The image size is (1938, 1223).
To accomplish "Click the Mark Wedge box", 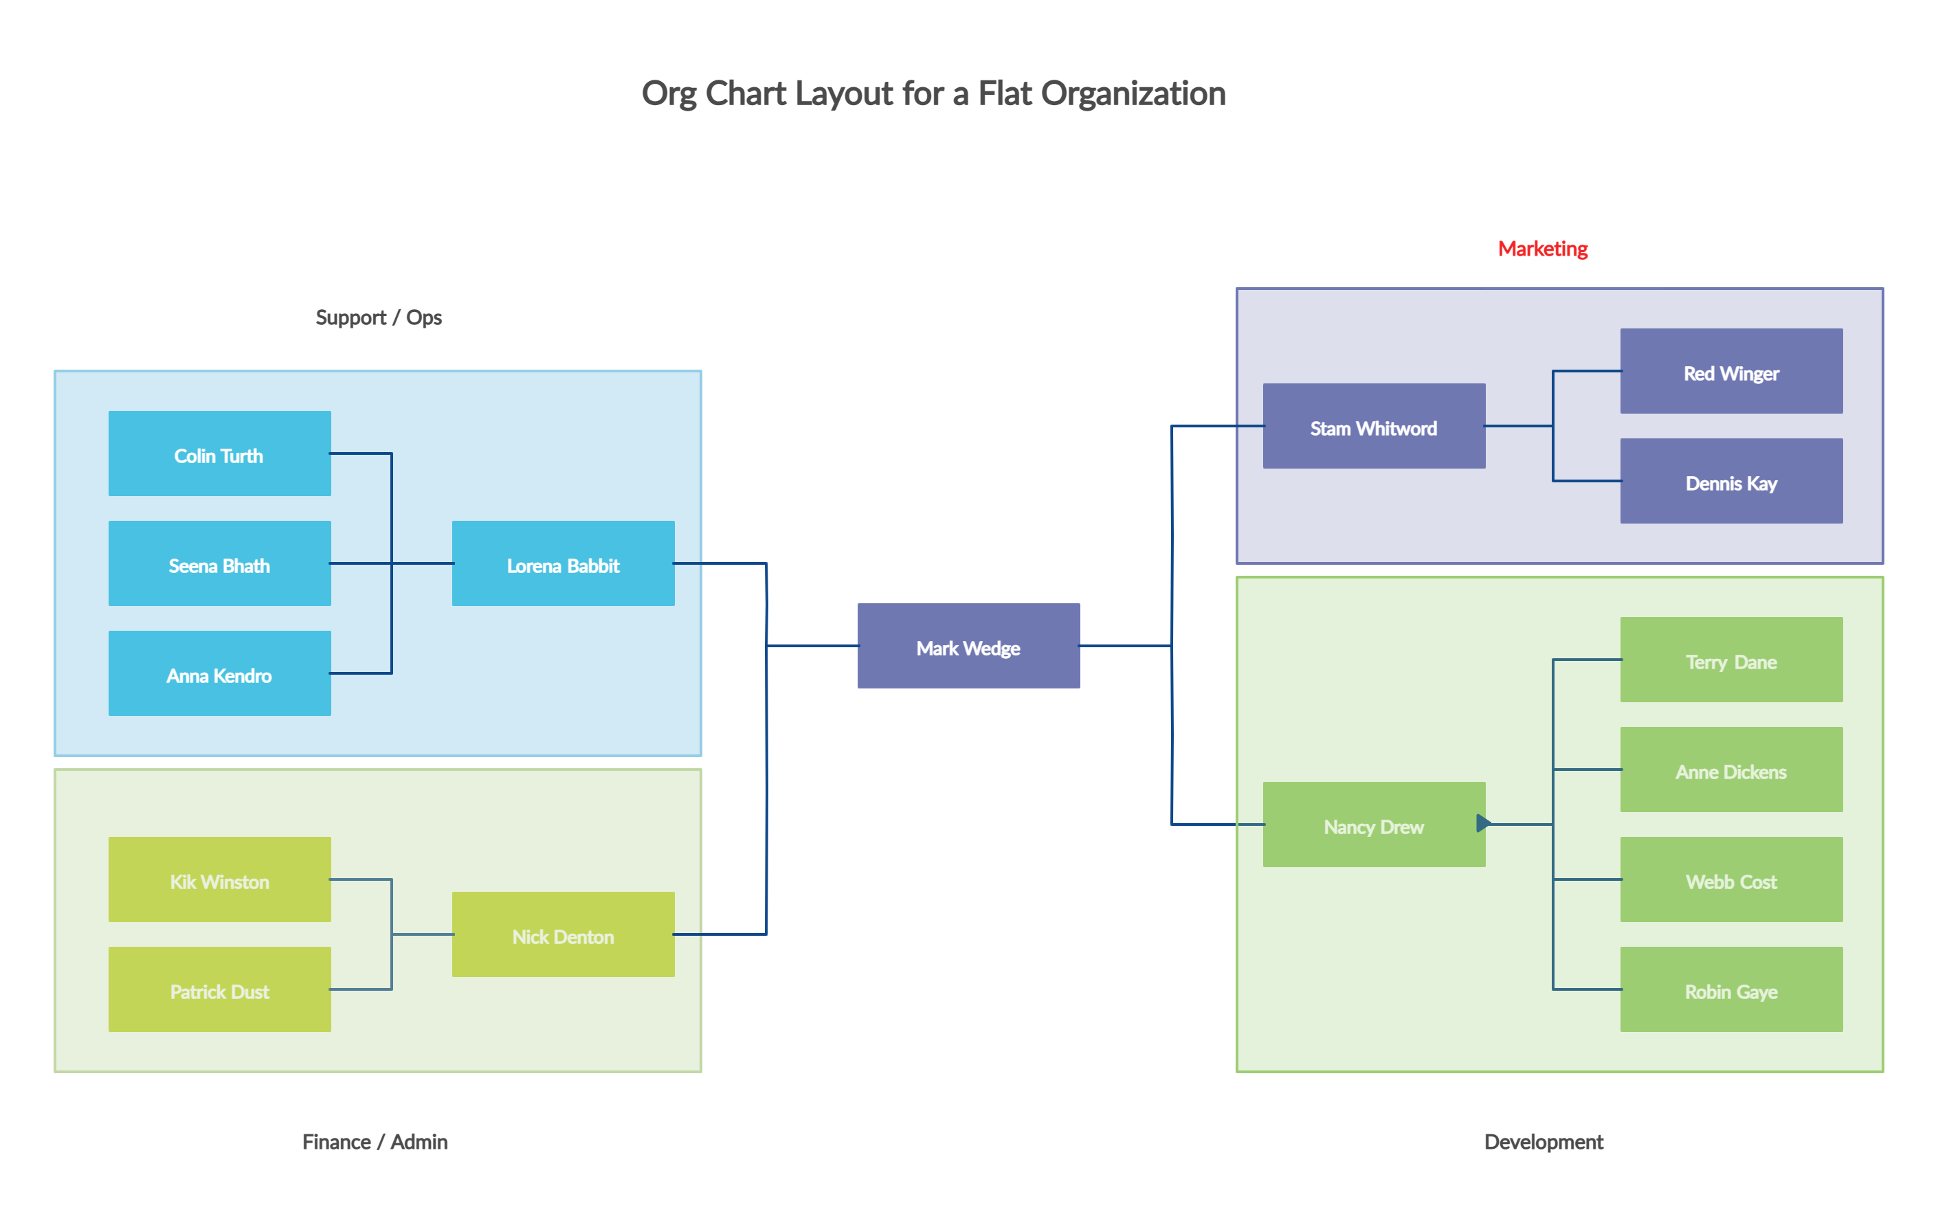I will click(968, 646).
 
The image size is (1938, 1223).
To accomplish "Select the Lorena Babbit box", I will click(563, 563).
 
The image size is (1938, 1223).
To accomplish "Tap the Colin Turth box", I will click(219, 453).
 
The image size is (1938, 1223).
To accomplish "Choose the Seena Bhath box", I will click(219, 563).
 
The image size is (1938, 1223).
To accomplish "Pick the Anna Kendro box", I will click(219, 673).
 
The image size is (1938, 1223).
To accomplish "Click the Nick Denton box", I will click(563, 935).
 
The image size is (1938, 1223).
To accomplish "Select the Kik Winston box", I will click(219, 879).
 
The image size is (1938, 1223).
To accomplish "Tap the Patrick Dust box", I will click(219, 989).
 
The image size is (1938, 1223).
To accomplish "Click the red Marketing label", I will click(1542, 249).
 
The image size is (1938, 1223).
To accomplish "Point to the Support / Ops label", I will click(378, 317).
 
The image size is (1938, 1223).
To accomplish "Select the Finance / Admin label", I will click(375, 1141).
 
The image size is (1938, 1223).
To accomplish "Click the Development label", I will click(1544, 1141).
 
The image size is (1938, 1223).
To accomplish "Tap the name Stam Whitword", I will click(1373, 429).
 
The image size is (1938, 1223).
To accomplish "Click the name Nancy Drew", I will click(1373, 827).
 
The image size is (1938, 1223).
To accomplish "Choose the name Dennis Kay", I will click(1730, 484).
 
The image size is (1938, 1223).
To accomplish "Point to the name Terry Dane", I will click(1730, 662).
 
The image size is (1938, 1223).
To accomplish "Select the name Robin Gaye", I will click(1730, 992).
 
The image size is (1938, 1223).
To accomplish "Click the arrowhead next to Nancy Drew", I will click(1483, 823).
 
